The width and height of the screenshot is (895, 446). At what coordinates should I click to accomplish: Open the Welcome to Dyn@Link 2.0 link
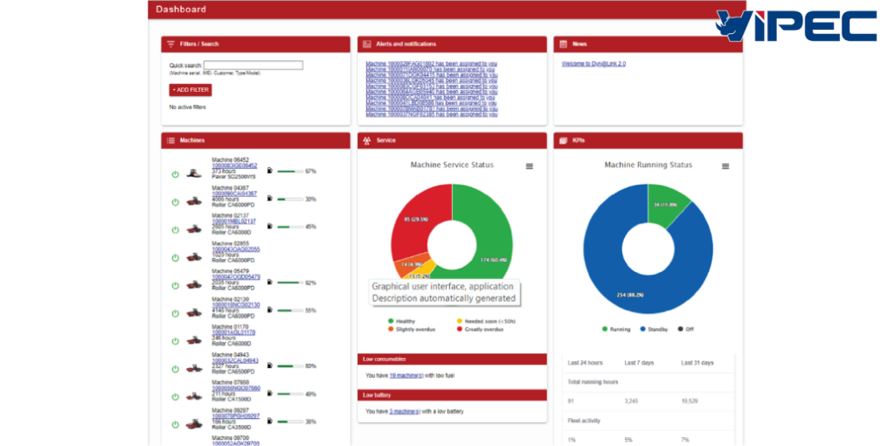pyautogui.click(x=593, y=64)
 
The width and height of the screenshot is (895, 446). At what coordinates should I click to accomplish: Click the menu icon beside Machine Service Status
pyautogui.click(x=529, y=166)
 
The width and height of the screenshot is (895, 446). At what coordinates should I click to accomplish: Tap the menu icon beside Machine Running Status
pyautogui.click(x=725, y=166)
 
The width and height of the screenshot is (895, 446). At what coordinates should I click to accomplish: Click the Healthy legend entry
pyautogui.click(x=405, y=321)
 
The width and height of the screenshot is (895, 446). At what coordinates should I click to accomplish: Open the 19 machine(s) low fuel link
pyautogui.click(x=405, y=375)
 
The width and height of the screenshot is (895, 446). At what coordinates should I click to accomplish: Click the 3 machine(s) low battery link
pyautogui.click(x=405, y=411)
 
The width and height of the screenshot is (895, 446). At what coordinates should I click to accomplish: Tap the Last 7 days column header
pyautogui.click(x=638, y=362)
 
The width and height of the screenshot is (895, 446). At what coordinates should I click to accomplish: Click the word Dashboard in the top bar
pyautogui.click(x=181, y=10)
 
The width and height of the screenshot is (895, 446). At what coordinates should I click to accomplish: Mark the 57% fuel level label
pyautogui.click(x=310, y=171)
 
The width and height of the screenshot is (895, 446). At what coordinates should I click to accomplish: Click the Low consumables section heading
pyautogui.click(x=385, y=359)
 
